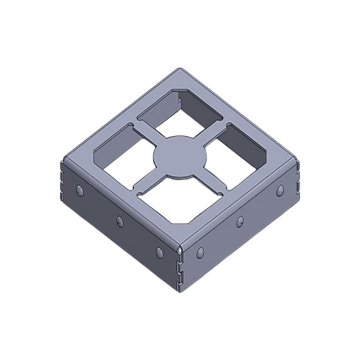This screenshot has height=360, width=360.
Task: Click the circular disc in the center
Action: click(x=180, y=156)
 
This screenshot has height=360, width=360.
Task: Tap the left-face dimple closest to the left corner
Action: click(x=80, y=190)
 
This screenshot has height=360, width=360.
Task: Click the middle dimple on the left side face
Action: click(x=119, y=220)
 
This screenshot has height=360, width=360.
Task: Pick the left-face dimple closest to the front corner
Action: click(x=159, y=252)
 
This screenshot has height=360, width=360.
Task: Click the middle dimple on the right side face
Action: click(x=240, y=221)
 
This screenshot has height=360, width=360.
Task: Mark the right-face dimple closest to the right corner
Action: click(x=280, y=189)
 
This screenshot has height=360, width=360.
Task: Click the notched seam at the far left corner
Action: click(x=62, y=180)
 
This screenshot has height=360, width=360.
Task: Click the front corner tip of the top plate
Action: click(x=180, y=247)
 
